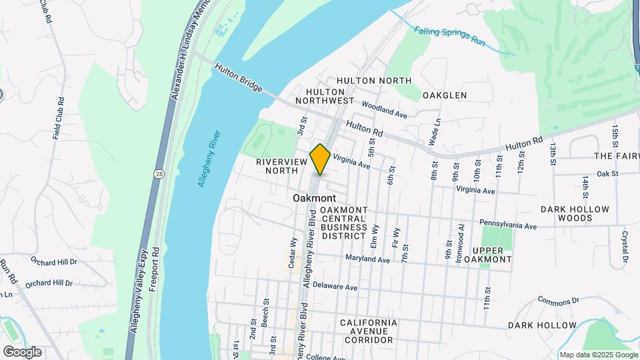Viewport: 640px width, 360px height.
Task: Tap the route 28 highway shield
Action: [x=159, y=173]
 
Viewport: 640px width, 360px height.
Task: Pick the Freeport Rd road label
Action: [x=155, y=267]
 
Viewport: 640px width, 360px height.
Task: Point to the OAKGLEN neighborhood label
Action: [x=445, y=95]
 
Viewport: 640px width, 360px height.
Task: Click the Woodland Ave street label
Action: [x=385, y=110]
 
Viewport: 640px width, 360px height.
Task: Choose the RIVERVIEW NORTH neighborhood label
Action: [x=276, y=166]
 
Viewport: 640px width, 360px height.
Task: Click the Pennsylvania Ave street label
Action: [x=508, y=225]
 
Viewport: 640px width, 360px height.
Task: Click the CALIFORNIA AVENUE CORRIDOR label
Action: [x=368, y=331]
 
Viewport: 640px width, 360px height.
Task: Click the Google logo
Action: [x=22, y=352]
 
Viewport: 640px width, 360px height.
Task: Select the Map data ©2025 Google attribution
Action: [x=599, y=355]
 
